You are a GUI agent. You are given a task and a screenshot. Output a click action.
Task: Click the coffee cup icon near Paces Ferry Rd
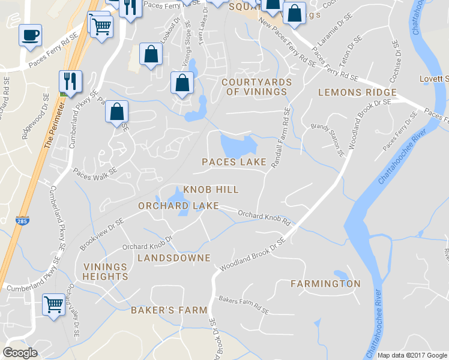coord(30,34)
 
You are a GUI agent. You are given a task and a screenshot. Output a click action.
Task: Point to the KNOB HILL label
coord(211,190)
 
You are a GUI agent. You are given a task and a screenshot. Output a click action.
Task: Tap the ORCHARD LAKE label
coord(170,206)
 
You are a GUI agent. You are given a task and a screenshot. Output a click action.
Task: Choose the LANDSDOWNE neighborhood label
coord(174,258)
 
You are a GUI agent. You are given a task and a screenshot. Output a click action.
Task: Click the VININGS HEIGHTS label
coord(106,272)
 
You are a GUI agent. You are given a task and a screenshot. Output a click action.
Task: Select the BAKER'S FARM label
coord(169,310)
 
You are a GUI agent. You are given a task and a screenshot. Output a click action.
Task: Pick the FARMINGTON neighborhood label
coord(326,284)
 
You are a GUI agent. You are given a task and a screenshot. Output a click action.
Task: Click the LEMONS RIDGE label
coord(357,92)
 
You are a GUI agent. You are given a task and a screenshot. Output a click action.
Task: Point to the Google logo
coord(20,353)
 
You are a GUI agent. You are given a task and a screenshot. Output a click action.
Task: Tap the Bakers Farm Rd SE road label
coord(243,305)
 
